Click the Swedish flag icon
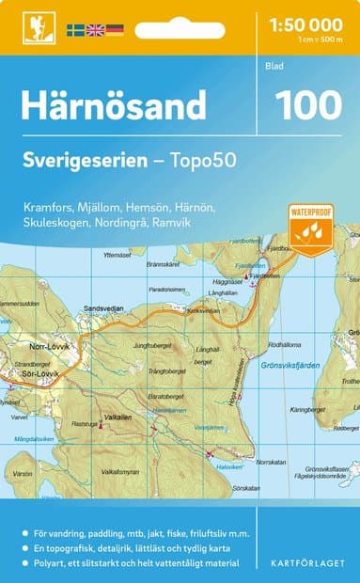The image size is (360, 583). click(x=75, y=30)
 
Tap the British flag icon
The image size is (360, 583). click(x=95, y=30)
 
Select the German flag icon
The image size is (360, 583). click(x=115, y=30)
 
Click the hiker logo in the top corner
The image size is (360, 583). click(x=38, y=27)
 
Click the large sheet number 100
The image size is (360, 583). click(x=306, y=104)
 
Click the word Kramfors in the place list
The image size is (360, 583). click(x=47, y=205)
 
